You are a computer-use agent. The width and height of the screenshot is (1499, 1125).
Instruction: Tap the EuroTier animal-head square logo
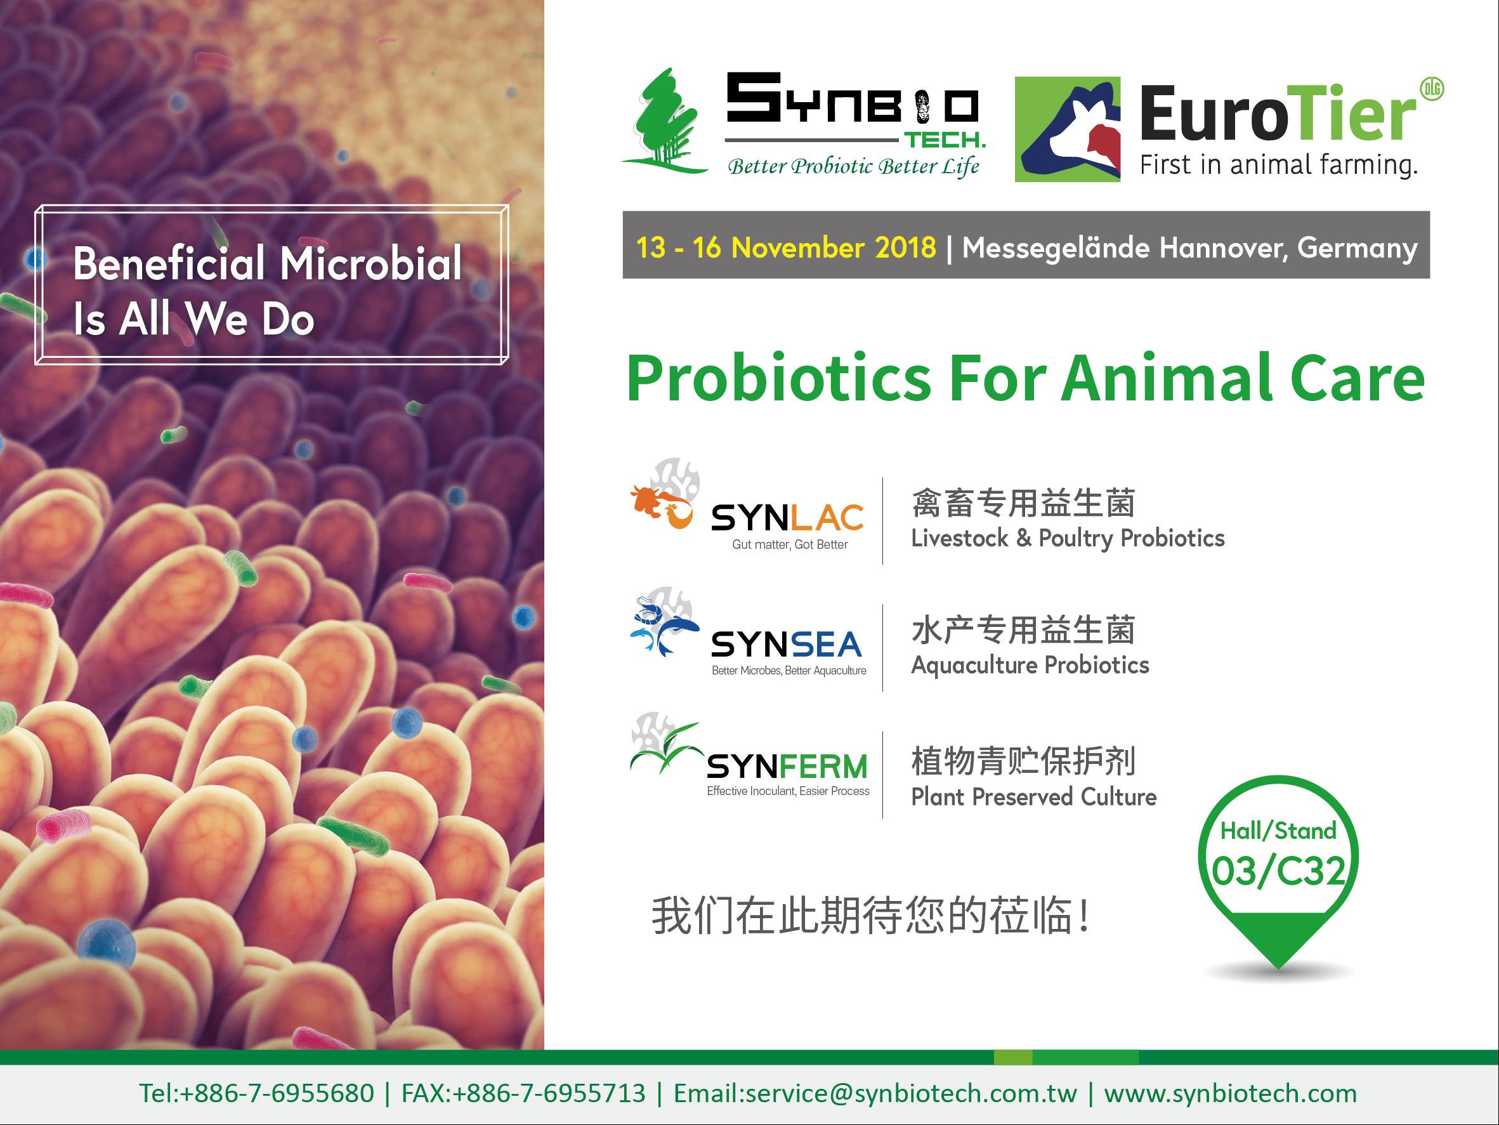(1068, 129)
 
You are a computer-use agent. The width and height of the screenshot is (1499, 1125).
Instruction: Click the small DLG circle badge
(1432, 89)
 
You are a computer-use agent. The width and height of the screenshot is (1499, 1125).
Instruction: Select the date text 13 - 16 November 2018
(786, 247)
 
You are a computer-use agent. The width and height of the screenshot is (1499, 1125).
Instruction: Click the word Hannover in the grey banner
(1224, 248)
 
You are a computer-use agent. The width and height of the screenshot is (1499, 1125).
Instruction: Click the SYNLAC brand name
(787, 518)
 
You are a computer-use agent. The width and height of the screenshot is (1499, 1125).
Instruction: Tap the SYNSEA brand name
(786, 644)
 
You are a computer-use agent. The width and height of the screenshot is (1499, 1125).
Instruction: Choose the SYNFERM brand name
(787, 766)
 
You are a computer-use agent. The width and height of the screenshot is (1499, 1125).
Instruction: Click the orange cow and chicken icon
(662, 507)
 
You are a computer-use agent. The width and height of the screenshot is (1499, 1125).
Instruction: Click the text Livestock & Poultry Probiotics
(1068, 538)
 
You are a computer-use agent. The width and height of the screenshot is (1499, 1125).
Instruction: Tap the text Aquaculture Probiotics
(1030, 666)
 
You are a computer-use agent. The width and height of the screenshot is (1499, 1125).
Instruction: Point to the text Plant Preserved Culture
(1033, 797)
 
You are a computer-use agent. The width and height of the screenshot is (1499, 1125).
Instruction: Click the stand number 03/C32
(1278, 872)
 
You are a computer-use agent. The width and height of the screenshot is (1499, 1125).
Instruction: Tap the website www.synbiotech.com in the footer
(1231, 1093)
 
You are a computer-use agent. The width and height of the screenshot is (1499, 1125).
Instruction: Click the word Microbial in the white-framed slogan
(370, 263)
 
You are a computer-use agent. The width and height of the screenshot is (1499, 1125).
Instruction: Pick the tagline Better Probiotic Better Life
(853, 166)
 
